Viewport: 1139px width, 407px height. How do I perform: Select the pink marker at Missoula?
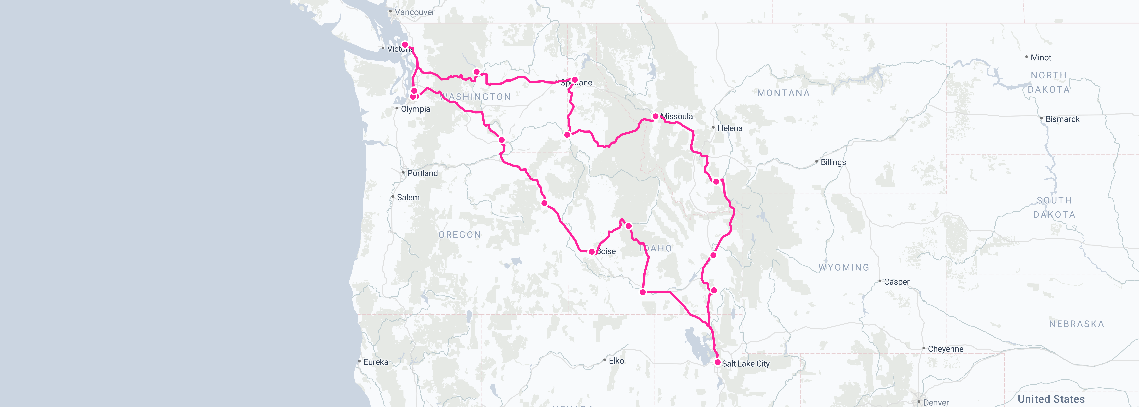pos(655,116)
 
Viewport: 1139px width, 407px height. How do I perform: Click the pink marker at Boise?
pos(592,252)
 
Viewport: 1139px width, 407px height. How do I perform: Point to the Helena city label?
pos(730,128)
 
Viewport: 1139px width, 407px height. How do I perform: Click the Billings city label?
pos(833,162)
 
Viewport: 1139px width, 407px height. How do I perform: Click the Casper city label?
pos(896,282)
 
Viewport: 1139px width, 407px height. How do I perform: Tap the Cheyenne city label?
pos(945,349)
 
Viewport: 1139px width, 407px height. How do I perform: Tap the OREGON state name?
pos(459,235)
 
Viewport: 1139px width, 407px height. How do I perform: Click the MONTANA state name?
pos(783,93)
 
